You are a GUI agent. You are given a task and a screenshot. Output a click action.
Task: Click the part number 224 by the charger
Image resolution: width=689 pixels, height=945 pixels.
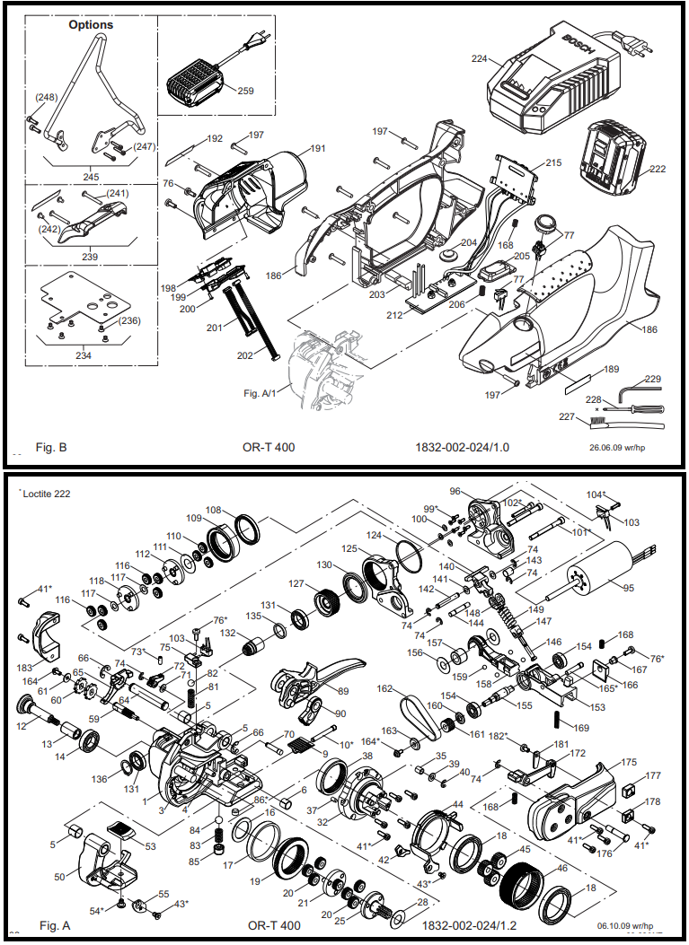[479, 59]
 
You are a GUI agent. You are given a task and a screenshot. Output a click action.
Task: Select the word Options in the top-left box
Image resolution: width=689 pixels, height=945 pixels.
[91, 25]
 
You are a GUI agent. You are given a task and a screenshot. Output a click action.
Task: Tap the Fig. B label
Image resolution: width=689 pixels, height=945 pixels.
[50, 446]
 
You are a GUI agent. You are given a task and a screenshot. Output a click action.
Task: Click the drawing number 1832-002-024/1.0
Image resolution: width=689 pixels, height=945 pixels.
[462, 446]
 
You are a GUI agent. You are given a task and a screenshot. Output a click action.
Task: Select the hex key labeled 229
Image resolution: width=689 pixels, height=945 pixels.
[640, 386]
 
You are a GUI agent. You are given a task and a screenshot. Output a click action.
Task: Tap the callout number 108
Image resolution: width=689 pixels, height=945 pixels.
[214, 511]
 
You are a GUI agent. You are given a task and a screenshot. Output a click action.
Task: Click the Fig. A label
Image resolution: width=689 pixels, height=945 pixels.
[55, 924]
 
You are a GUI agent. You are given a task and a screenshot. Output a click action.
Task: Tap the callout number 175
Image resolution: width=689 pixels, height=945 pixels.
[628, 762]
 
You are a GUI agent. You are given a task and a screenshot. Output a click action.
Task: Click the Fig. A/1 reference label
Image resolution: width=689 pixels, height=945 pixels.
[261, 393]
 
